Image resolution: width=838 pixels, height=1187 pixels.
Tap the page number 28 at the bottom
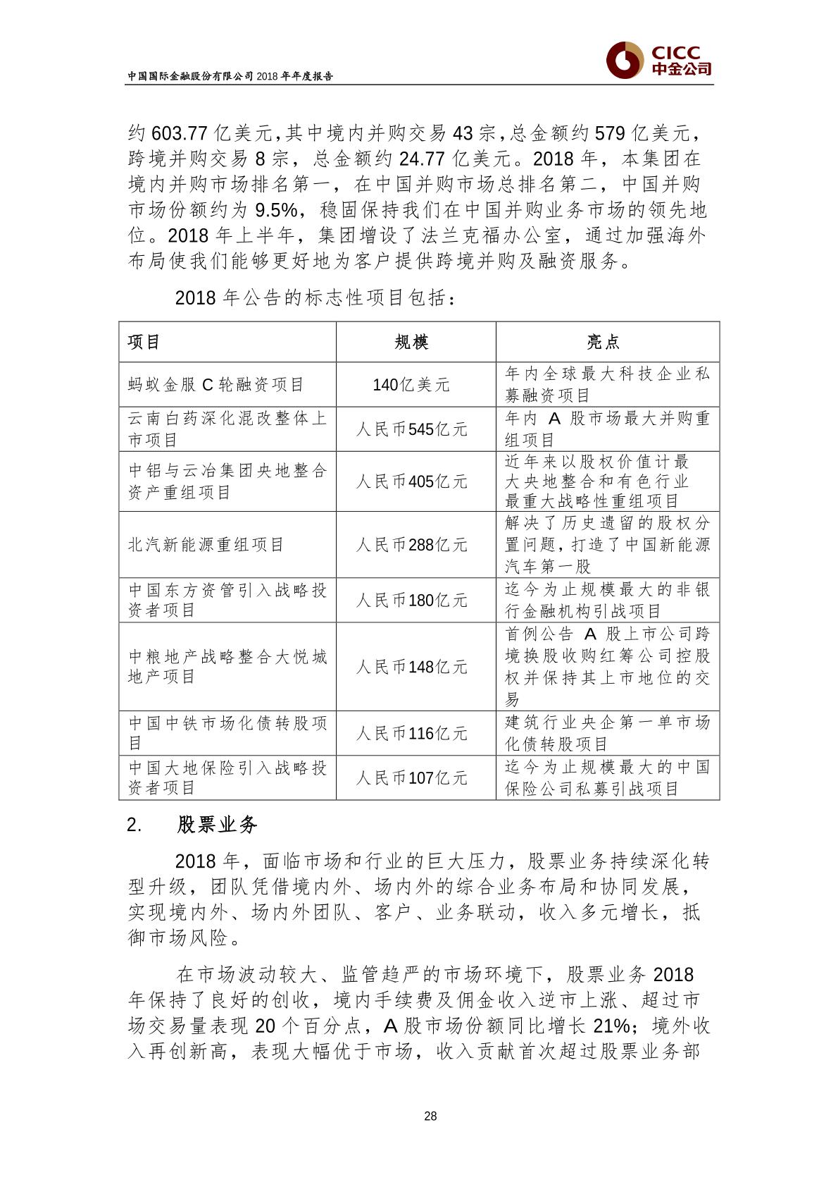[x=431, y=1116]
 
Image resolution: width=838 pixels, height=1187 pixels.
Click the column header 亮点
[x=604, y=343]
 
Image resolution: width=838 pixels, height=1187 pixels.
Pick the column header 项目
[x=144, y=343]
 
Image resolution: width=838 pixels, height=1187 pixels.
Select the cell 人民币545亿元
[x=411, y=429]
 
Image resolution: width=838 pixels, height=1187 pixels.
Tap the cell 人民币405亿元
[x=411, y=481]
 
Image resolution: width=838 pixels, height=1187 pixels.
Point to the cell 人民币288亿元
[x=411, y=545]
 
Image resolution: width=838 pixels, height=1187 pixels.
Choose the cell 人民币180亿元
[x=411, y=600]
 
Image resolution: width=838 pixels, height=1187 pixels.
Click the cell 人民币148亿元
[x=411, y=667]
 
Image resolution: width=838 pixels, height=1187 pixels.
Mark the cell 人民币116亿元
[x=411, y=734]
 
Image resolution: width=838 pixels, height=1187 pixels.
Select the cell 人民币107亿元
[x=411, y=778]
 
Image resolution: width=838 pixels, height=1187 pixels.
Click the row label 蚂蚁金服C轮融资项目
[x=215, y=385]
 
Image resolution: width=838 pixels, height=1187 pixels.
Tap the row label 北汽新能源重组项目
[x=206, y=545]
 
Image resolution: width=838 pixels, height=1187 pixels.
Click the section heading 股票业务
[x=218, y=825]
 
